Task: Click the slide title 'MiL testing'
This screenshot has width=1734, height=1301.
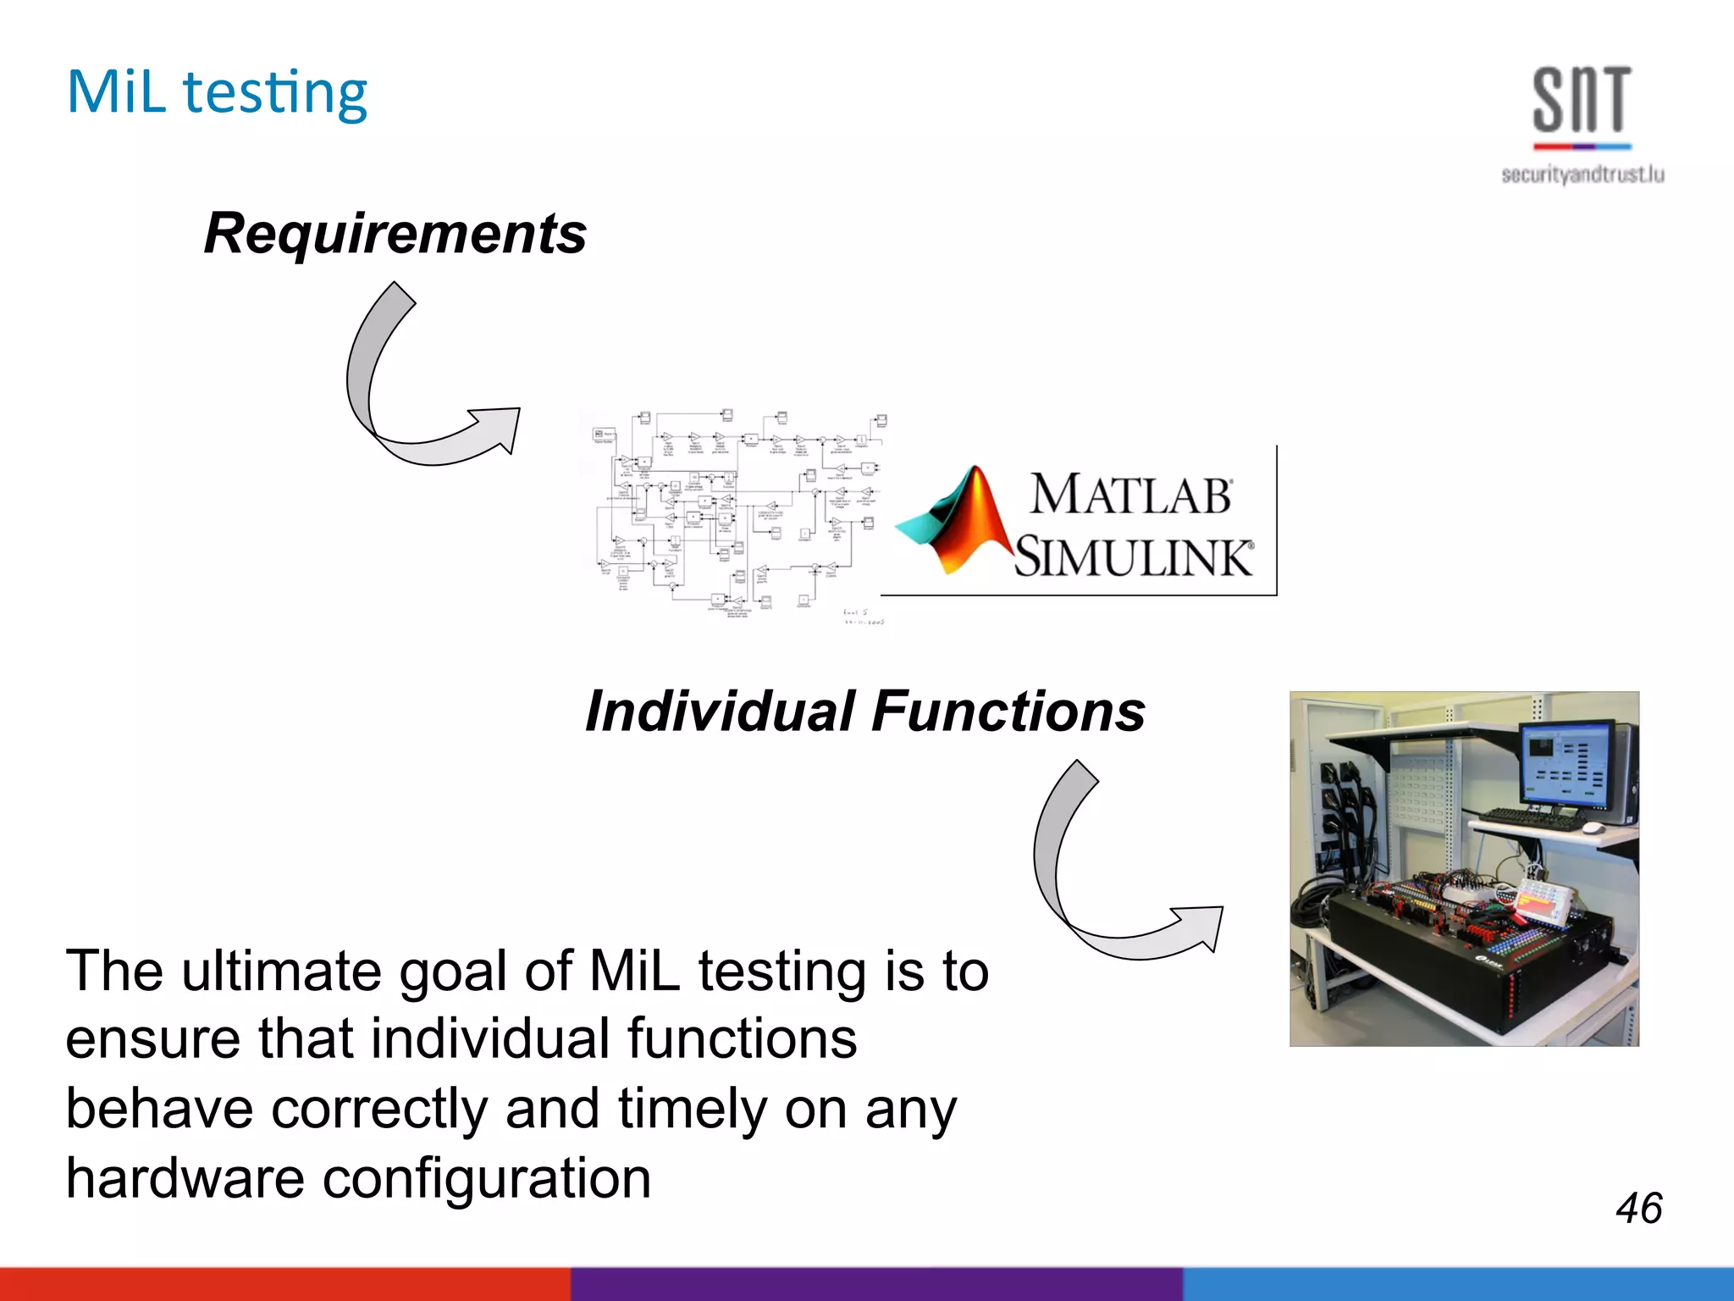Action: coord(217,93)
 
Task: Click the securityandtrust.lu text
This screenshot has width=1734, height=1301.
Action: coord(1582,174)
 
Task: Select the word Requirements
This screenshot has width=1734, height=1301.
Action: coord(395,234)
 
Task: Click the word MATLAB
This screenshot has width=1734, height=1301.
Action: coord(1130,495)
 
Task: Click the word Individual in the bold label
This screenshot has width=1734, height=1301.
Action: coord(720,711)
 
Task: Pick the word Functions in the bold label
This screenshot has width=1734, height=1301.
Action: coord(1008,711)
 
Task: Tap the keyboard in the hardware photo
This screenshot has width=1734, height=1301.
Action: coord(1532,817)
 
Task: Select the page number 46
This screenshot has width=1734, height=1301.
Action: coord(1638,1208)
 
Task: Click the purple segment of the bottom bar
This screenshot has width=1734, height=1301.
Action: coord(876,1284)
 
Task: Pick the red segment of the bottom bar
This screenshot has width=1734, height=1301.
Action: coord(284,1284)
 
